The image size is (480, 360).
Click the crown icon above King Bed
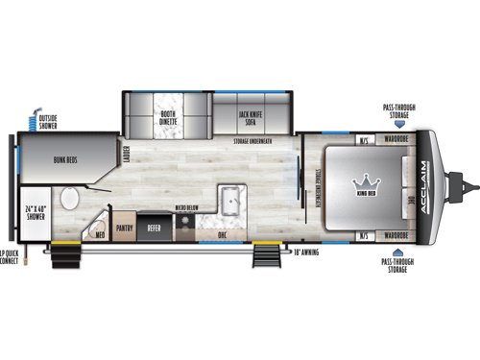tap(365, 180)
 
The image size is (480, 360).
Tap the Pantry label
tap(124, 228)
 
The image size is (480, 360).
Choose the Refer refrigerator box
tap(154, 228)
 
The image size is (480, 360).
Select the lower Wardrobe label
tap(396, 233)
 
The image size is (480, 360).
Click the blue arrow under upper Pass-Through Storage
tap(396, 125)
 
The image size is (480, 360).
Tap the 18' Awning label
tap(307, 252)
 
